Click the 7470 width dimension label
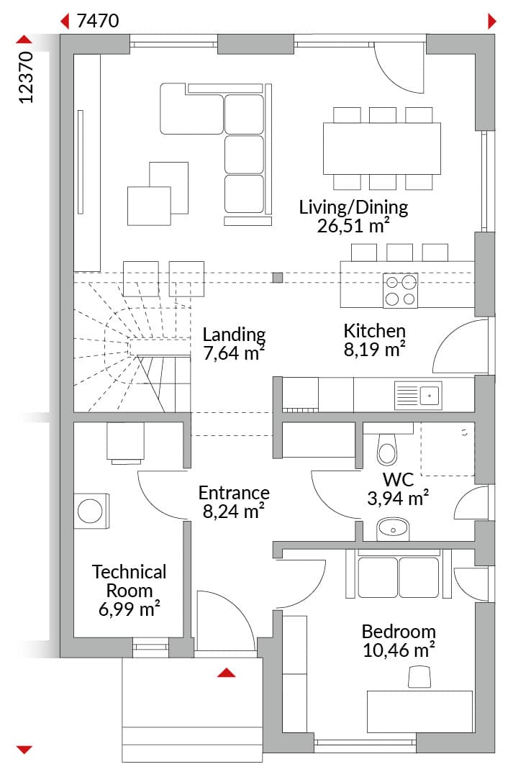click(98, 21)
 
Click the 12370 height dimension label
click(26, 77)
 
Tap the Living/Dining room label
click(353, 207)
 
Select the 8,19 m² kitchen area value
click(375, 350)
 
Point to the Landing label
click(234, 335)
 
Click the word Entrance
click(234, 493)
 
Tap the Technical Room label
click(129, 581)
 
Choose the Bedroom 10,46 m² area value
click(399, 650)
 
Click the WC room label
click(398, 480)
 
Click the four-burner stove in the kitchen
click(401, 291)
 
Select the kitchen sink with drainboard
click(418, 396)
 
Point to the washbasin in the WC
click(393, 530)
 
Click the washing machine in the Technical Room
click(91, 511)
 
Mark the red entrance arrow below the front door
click(227, 673)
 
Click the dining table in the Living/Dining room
click(381, 148)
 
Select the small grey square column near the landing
click(278, 278)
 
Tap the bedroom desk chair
click(419, 677)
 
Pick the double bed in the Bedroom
click(399, 574)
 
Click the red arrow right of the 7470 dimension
click(491, 22)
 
